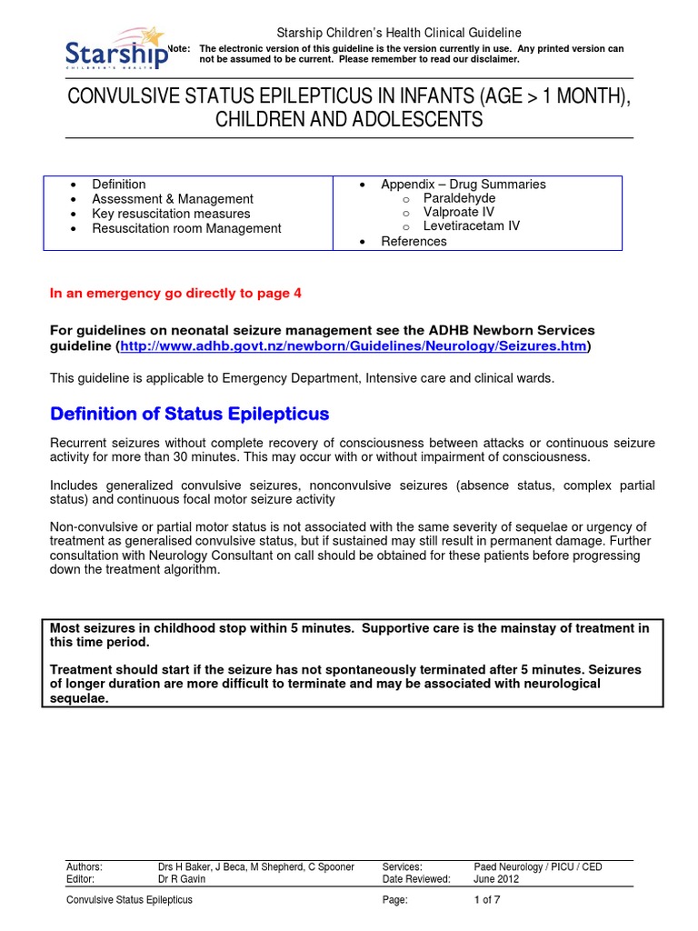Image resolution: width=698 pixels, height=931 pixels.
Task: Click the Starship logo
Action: click(x=116, y=52)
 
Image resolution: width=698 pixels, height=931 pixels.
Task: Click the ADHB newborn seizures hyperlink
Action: click(x=354, y=347)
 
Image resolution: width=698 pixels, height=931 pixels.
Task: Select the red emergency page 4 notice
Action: click(x=174, y=293)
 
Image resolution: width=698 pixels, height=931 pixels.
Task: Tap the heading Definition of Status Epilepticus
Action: click(x=189, y=415)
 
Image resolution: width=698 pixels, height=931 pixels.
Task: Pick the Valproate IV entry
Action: click(x=459, y=212)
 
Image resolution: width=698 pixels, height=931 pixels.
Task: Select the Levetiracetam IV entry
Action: click(x=471, y=226)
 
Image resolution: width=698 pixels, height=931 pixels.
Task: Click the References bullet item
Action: click(x=414, y=241)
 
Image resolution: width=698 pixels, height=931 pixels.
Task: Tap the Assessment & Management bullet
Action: click(x=173, y=198)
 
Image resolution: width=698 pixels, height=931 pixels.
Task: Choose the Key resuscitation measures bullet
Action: click(x=171, y=214)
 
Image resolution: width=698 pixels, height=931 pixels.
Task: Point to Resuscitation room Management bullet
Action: click(x=186, y=228)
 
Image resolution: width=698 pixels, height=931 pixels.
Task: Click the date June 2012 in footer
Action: click(x=497, y=879)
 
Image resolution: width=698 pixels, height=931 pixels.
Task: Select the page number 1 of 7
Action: click(x=489, y=900)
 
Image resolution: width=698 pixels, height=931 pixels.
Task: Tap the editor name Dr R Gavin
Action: click(x=183, y=879)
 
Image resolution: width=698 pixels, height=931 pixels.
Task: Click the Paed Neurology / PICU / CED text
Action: click(x=537, y=867)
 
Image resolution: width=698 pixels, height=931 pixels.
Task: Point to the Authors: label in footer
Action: click(x=85, y=867)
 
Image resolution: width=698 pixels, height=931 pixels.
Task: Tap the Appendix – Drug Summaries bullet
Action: click(x=463, y=184)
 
